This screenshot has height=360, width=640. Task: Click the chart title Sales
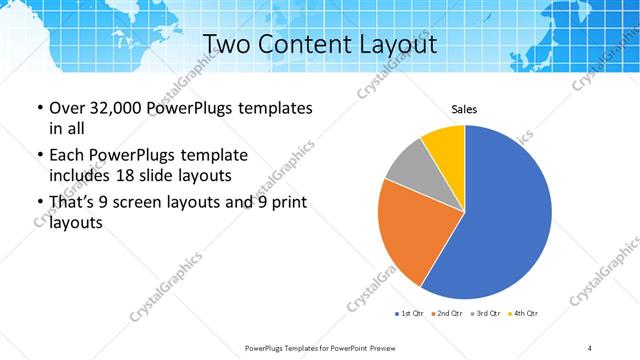464,108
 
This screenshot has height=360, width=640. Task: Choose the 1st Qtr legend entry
411,314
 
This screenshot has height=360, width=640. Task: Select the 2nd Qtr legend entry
448,314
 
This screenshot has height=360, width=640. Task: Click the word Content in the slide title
309,44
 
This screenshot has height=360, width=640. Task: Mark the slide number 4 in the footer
590,347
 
